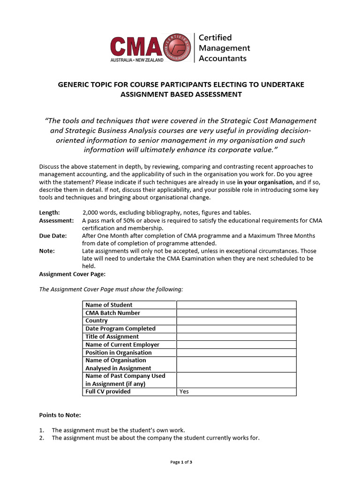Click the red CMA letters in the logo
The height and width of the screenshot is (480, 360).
136,47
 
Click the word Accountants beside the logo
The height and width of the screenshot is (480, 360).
223,59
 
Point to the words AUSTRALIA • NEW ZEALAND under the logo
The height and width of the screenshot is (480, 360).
137,60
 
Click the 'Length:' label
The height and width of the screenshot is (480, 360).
49,212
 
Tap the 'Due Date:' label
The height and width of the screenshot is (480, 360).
53,235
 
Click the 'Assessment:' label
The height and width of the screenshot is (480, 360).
56,220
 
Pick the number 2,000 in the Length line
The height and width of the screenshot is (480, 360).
92,212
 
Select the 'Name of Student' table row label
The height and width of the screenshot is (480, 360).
109,305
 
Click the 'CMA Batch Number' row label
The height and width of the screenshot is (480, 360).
112,313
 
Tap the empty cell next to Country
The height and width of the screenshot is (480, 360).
236,321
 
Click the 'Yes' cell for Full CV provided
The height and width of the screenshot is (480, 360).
184,391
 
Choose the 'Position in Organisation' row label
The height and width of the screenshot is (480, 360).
119,352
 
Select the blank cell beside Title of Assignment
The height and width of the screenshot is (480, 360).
236,337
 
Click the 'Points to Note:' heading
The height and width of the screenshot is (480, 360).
60,415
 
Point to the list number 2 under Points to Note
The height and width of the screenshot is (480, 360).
41,438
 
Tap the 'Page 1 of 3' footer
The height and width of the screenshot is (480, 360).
181,462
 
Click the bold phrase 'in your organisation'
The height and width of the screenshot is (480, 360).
265,182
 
